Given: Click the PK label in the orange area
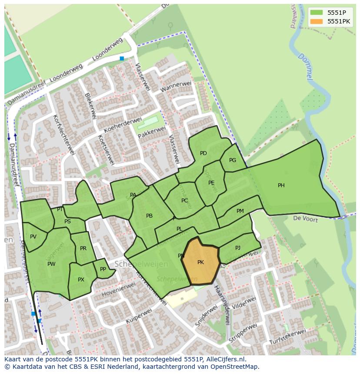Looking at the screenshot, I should point(200,262).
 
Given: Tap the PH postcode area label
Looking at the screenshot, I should point(281,185).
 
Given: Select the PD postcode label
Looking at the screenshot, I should point(203,153).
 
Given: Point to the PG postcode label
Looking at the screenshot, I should point(233,160).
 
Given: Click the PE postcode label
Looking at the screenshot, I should point(211,183).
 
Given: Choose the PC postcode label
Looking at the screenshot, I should point(185,201).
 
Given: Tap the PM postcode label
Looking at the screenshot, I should point(240,211).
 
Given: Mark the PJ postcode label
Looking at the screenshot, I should point(238,248).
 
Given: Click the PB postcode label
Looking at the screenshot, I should point(149,216).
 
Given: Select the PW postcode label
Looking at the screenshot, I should point(51,264).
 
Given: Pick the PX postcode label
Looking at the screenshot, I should point(81,280).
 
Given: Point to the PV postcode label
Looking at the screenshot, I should point(33,237).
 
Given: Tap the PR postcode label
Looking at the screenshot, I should point(83,248).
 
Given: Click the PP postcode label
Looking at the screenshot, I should point(103,269).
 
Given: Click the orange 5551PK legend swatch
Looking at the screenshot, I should point(317,21).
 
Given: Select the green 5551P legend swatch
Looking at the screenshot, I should point(317,13).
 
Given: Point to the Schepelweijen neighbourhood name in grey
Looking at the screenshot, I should point(135,264).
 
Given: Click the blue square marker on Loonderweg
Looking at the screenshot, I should point(122,58).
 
